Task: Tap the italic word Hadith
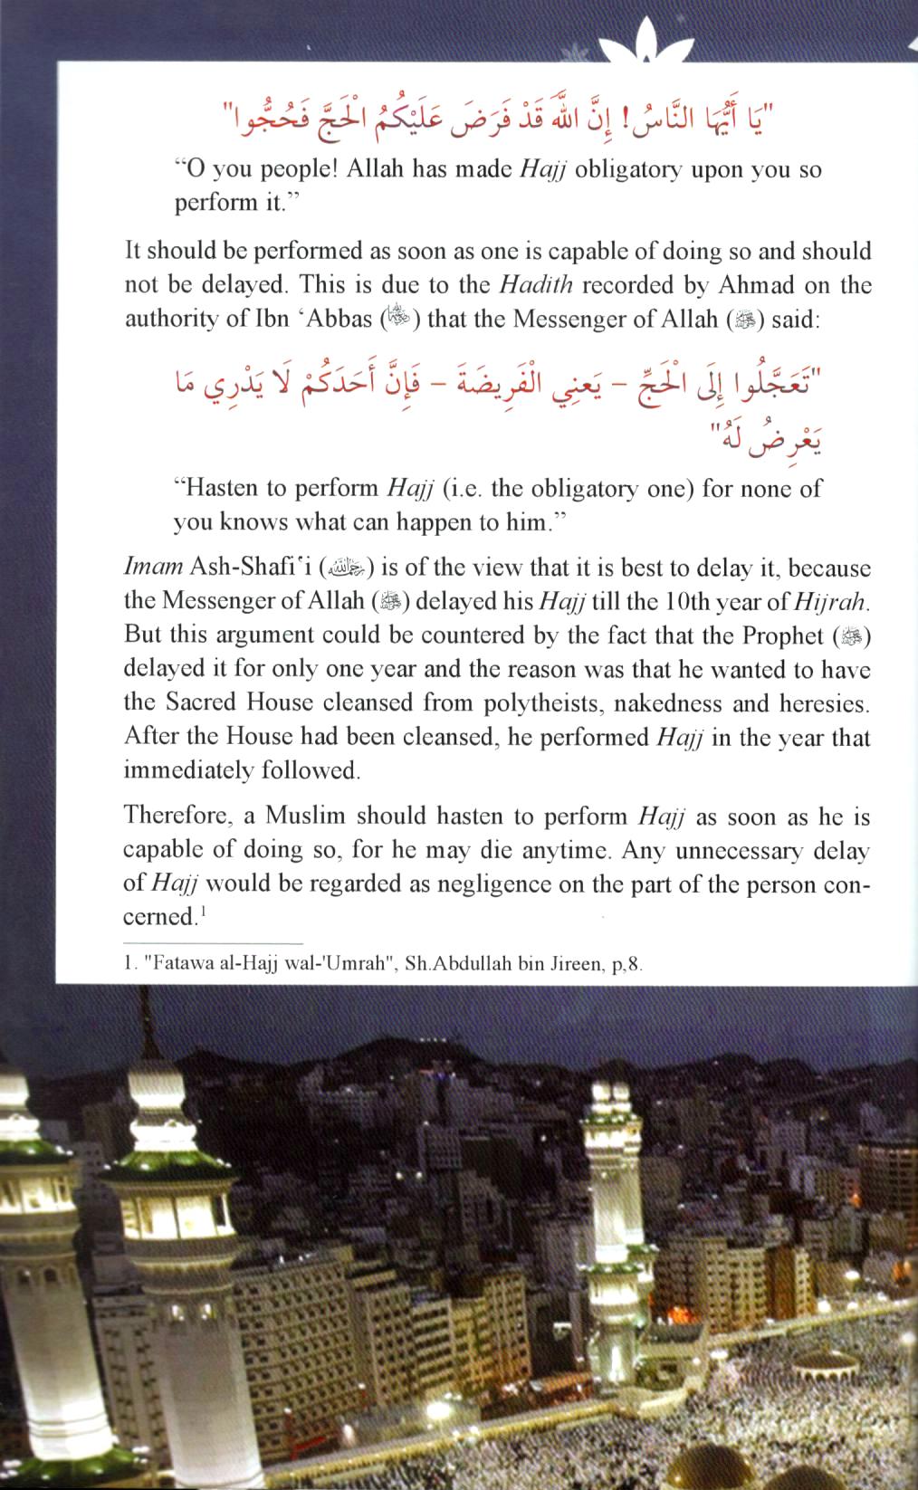pos(536,285)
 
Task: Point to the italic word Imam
pos(153,568)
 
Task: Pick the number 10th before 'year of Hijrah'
pos(666,602)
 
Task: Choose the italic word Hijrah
pos(829,602)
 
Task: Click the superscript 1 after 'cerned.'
pos(205,912)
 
